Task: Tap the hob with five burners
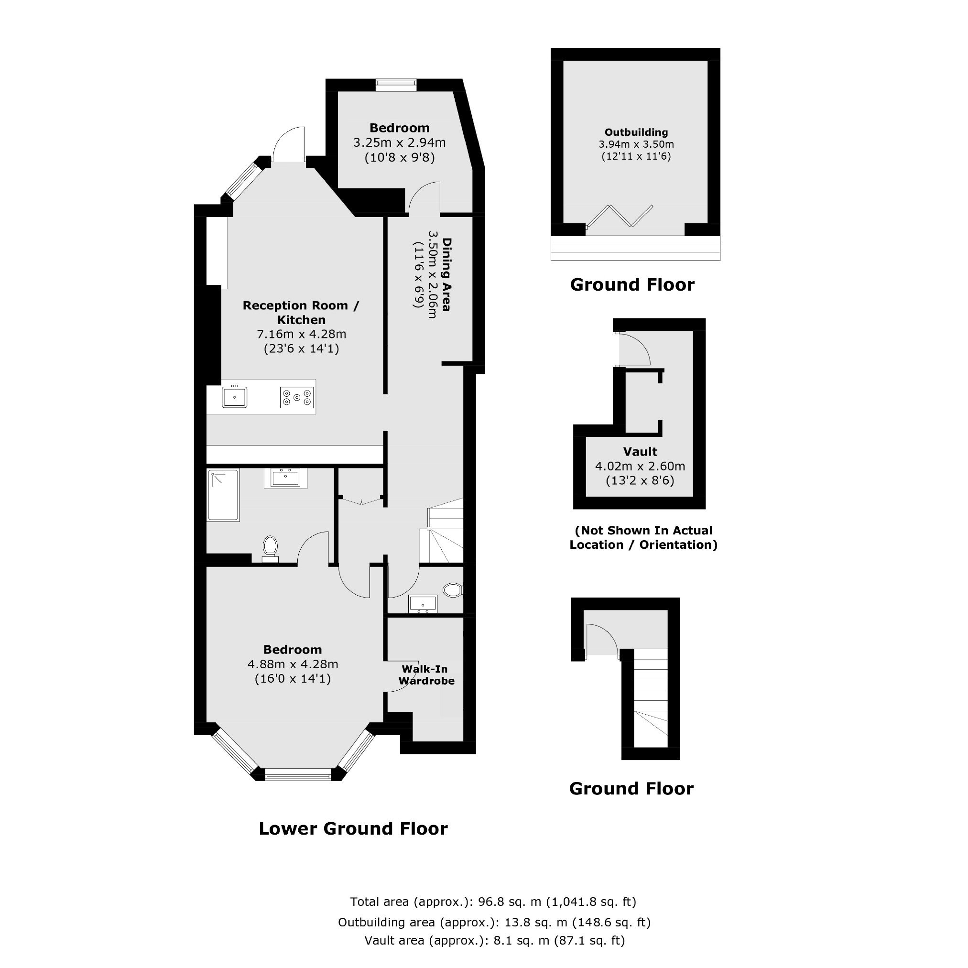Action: [x=297, y=398]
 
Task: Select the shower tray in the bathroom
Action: [x=223, y=496]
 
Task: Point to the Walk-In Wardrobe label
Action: [x=426, y=675]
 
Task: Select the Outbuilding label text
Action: [x=636, y=132]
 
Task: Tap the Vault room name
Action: [x=640, y=451]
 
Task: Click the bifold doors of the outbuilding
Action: [x=620, y=217]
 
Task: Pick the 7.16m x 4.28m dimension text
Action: [x=302, y=334]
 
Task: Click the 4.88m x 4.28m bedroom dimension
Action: [x=293, y=664]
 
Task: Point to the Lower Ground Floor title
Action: [x=353, y=828]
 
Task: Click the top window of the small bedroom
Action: [x=396, y=85]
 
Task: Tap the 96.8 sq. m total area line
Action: [x=493, y=902]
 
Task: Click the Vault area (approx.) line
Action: [x=495, y=940]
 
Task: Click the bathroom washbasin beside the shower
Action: [x=285, y=478]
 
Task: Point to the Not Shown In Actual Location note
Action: [x=643, y=538]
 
